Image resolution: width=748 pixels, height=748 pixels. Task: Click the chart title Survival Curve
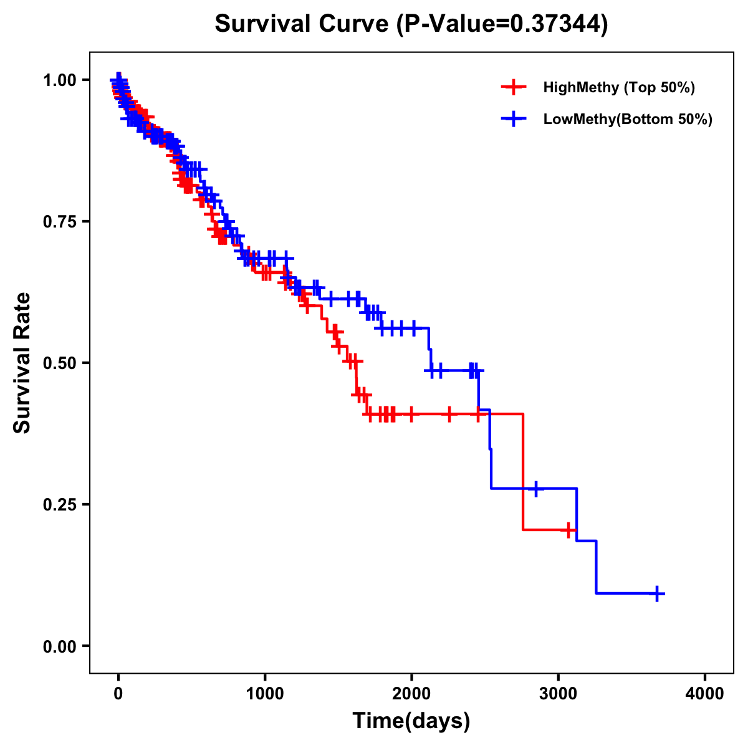pyautogui.click(x=304, y=24)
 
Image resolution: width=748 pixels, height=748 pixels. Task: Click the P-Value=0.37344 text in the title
pyautogui.click(x=503, y=24)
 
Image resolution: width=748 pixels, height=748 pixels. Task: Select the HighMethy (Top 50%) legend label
pyautogui.click(x=618, y=87)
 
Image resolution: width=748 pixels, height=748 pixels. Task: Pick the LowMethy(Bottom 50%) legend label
pyautogui.click(x=628, y=119)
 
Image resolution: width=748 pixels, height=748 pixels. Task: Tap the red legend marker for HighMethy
pyautogui.click(x=513, y=87)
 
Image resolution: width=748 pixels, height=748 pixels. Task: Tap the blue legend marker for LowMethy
pyautogui.click(x=513, y=119)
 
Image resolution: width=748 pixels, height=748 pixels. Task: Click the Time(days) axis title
pyautogui.click(x=411, y=721)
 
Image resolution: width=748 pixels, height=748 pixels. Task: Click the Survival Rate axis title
pyautogui.click(x=22, y=363)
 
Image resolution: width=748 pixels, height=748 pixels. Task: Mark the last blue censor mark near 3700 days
pyautogui.click(x=656, y=593)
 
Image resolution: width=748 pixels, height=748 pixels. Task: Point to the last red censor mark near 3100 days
pyautogui.click(x=568, y=530)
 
